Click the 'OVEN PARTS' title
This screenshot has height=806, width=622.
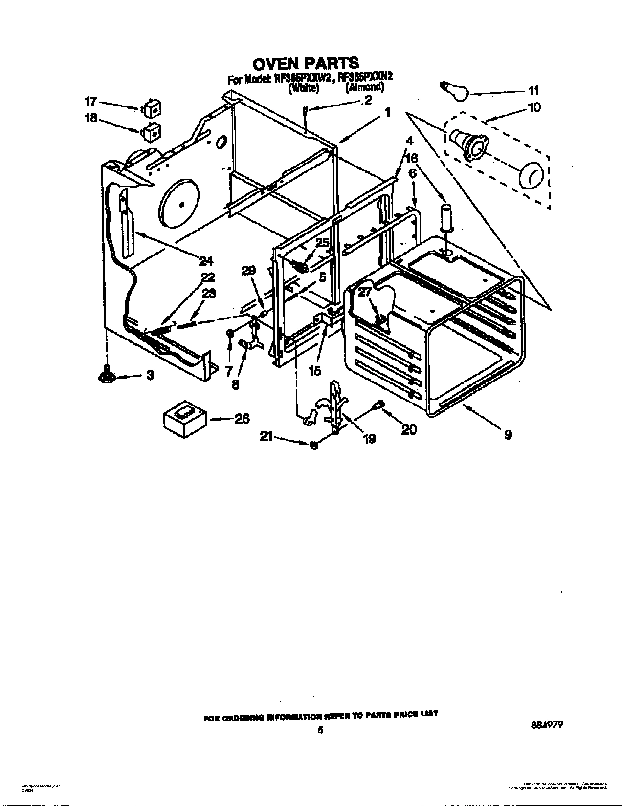coord(306,63)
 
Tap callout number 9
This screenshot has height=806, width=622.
coord(508,434)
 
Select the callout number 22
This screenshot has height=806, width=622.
coord(208,277)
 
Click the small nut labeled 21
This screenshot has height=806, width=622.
coord(314,445)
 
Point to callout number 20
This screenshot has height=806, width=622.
coord(409,429)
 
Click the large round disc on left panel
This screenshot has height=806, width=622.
coord(179,204)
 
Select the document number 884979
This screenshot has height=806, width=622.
coord(546,712)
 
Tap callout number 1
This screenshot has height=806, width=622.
coord(387,112)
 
